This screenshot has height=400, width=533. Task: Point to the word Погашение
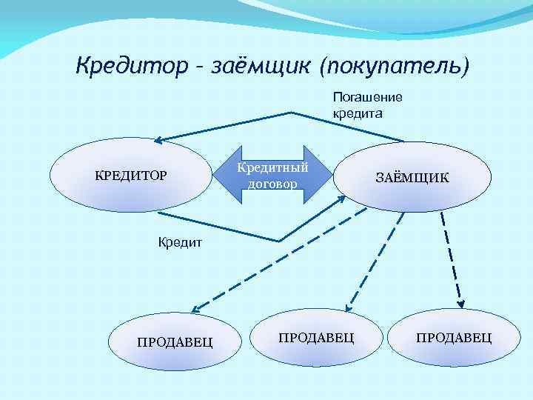367,97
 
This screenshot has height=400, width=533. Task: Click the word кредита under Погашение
357,114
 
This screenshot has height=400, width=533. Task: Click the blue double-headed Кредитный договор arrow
275,176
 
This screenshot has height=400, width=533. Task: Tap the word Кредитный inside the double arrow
272,168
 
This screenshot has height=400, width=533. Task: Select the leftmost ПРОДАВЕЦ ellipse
175,341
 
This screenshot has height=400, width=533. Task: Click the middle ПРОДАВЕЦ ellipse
316,337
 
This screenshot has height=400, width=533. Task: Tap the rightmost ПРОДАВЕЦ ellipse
454,337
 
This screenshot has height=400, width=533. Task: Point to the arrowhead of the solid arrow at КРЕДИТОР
159,140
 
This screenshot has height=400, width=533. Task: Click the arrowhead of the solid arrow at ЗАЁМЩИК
341,198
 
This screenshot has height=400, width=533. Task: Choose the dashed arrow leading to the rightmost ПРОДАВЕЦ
452,259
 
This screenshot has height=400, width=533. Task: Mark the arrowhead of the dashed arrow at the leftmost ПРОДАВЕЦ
195,307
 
